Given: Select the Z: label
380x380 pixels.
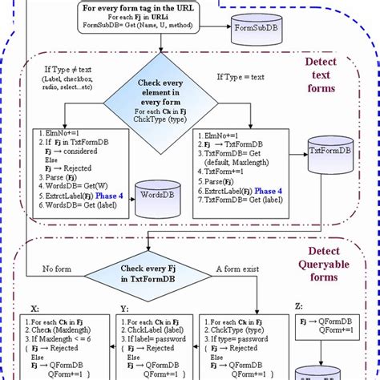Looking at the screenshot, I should [x=298, y=306].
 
